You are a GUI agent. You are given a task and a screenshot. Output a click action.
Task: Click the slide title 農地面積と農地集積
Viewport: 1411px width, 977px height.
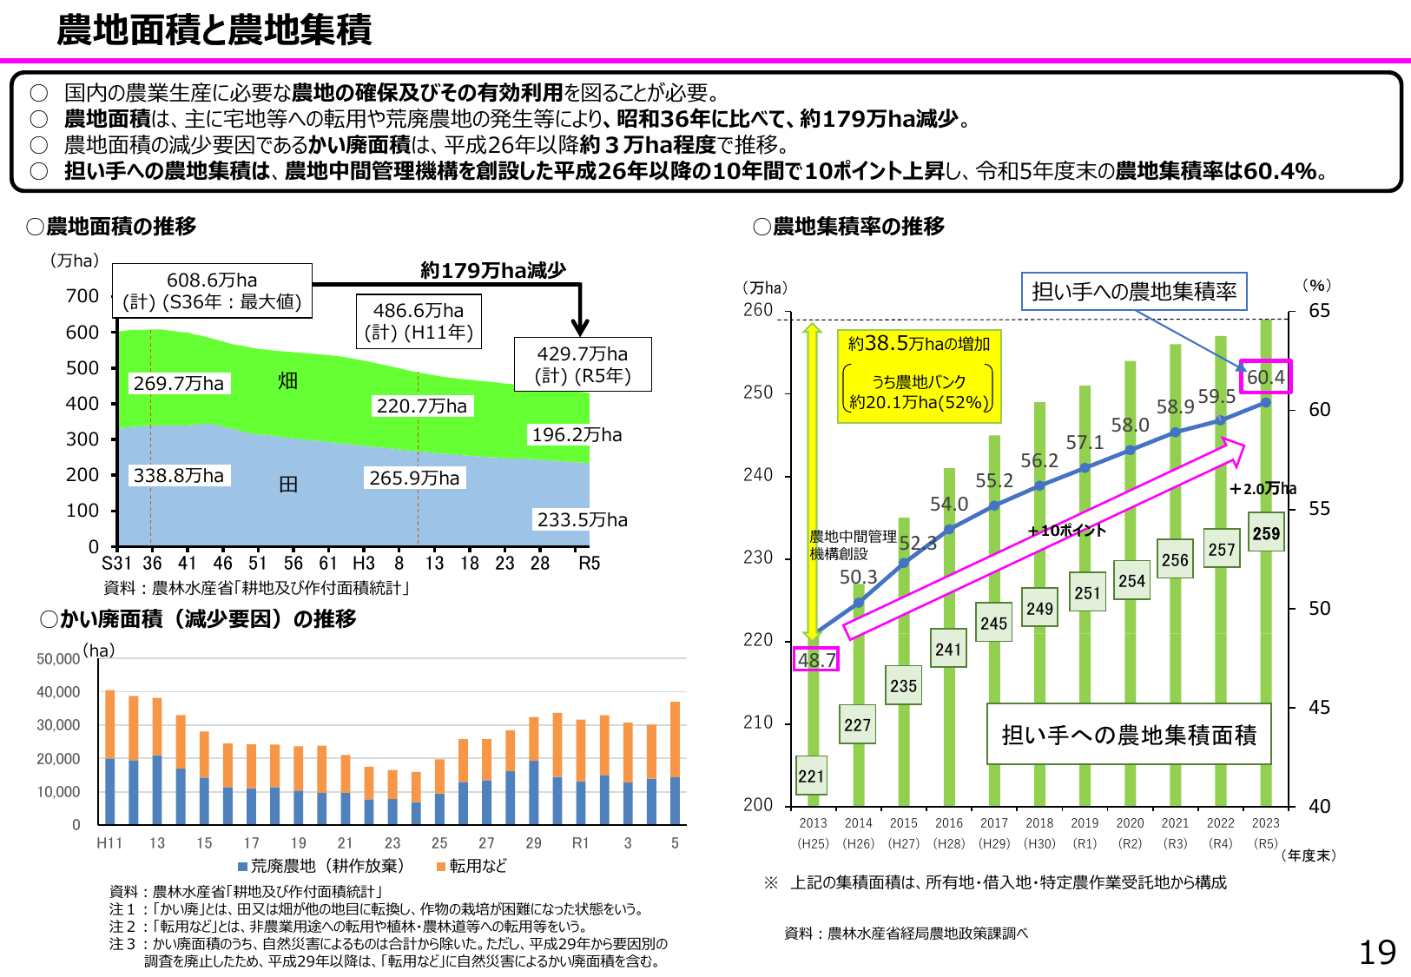point(214,30)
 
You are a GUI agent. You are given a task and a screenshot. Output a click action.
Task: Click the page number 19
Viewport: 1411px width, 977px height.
point(1377,953)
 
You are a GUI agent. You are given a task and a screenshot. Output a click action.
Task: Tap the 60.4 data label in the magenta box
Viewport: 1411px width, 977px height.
point(1265,377)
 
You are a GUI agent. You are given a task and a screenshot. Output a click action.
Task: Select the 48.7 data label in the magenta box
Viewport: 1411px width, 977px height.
point(816,660)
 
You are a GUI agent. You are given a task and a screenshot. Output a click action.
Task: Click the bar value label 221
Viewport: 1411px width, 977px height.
point(811,776)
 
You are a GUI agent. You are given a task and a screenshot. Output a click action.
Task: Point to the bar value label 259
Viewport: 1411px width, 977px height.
point(1266,533)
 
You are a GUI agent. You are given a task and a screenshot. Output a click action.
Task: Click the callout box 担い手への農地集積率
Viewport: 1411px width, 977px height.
point(1134,292)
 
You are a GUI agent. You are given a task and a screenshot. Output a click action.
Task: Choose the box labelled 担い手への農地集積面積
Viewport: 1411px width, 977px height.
point(1129,735)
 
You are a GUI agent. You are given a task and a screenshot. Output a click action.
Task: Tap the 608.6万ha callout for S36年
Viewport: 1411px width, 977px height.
point(212,291)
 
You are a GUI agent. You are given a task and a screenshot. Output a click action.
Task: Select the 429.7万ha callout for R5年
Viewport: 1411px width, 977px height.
point(583,365)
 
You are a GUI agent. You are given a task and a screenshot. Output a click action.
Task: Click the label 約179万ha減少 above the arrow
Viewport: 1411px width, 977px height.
point(492,270)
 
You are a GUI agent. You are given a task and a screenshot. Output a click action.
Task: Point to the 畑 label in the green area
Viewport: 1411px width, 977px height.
point(287,380)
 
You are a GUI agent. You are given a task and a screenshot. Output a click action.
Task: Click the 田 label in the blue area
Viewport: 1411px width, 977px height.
point(288,484)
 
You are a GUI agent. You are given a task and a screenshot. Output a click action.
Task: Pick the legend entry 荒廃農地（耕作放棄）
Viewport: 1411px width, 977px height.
point(321,866)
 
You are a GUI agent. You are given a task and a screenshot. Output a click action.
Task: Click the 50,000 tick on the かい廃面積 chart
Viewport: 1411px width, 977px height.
point(58,659)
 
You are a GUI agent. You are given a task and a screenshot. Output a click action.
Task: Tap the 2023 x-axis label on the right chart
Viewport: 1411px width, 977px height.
point(1265,823)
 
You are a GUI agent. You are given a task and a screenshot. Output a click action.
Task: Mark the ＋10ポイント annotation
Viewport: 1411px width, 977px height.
point(1066,531)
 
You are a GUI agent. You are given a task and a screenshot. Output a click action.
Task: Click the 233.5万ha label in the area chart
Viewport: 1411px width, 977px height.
point(582,519)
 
